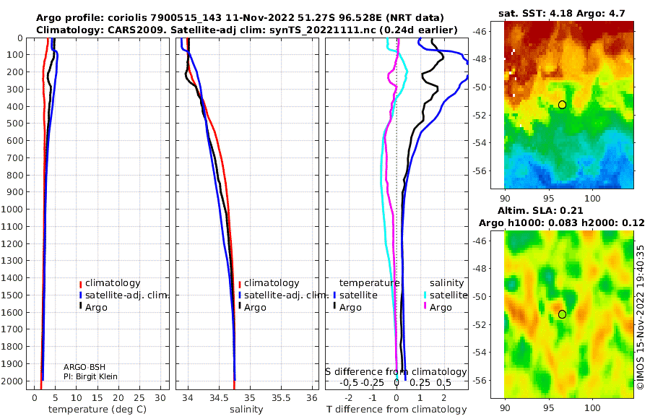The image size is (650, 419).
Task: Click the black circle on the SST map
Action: tap(562, 105)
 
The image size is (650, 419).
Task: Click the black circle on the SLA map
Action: tap(562, 314)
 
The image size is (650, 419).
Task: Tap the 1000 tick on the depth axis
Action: tap(12, 209)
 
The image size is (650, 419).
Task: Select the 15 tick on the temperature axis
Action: tap(97, 398)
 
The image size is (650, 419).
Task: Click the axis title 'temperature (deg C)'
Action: tap(97, 410)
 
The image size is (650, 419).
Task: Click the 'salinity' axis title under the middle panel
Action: tap(246, 410)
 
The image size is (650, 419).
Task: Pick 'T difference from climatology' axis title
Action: tap(396, 410)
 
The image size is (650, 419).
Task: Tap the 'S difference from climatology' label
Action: tap(396, 372)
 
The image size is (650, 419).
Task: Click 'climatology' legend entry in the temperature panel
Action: tap(113, 283)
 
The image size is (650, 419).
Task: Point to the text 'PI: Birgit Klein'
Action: tap(90, 376)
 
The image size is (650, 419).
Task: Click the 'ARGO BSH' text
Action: tap(84, 367)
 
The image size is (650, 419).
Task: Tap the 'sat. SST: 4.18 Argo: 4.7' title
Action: tap(562, 13)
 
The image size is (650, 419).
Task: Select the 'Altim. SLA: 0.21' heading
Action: tap(540, 210)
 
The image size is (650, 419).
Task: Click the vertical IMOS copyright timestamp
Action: tap(641, 317)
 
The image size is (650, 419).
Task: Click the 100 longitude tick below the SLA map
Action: tap(592, 407)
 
